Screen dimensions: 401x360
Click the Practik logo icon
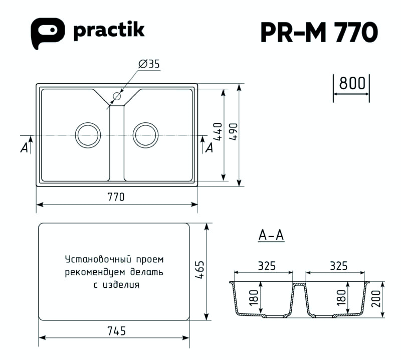48,33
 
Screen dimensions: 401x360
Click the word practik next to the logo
109,32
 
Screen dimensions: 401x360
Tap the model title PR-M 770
319,33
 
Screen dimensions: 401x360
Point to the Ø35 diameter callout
149,64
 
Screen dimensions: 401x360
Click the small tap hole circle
117,96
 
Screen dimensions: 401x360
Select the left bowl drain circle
88,135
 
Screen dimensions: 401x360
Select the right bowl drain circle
145,135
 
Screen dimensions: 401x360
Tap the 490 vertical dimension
233,132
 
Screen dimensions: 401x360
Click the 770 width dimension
116,197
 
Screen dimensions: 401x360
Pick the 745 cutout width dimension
117,331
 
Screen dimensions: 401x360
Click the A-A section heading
271,235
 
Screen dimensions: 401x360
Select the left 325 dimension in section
267,266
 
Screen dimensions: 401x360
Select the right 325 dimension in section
339,266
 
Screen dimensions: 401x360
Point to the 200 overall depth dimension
376,299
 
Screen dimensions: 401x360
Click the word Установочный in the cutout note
98,259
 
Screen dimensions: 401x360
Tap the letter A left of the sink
24,147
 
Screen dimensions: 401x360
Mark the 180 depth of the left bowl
254,297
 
